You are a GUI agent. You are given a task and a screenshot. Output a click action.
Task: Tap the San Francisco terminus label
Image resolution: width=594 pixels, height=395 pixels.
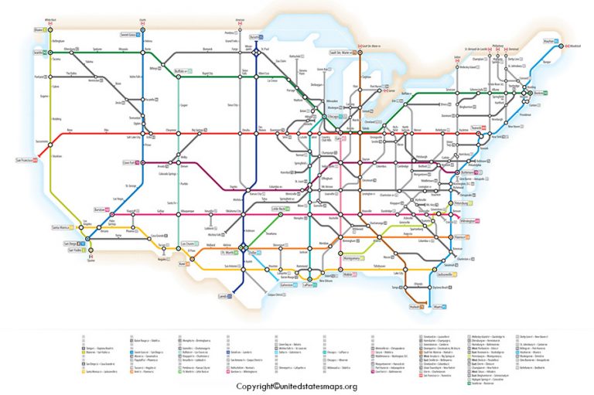coord(26,161)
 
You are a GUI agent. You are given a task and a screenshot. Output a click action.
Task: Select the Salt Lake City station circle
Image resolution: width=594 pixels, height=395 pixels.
coord(145,131)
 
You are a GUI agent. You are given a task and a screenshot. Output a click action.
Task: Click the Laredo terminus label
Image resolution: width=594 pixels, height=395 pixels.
coord(224,296)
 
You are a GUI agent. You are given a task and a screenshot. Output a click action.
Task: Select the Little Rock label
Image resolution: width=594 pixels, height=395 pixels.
coord(278,209)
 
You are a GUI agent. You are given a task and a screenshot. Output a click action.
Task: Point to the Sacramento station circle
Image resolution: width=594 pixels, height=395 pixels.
coord(50,144)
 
